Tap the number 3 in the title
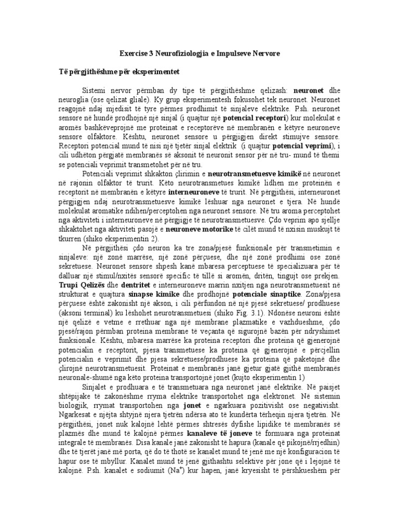click(x=151, y=54)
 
